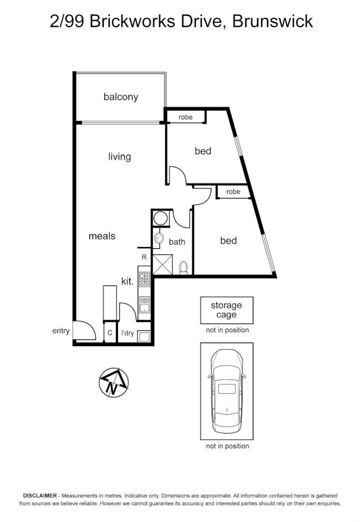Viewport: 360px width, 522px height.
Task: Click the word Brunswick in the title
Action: pos(273,21)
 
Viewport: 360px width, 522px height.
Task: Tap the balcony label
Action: pos(121,97)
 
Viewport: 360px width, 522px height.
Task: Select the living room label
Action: pos(119,157)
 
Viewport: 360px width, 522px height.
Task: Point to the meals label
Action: pos(102,236)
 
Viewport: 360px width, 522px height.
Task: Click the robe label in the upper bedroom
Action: pos(186,117)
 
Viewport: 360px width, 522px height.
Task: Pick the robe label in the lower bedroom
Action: pos(233,191)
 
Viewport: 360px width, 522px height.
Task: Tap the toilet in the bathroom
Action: pos(184,268)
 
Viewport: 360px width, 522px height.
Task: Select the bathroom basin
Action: pos(158,238)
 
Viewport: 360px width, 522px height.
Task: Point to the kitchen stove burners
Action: pos(144,278)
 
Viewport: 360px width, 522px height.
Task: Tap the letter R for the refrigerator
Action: pos(144,257)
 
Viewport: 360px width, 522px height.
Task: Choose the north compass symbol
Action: pos(114,382)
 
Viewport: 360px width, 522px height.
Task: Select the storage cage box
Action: pos(227,310)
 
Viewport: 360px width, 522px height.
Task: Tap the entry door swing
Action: pos(83,332)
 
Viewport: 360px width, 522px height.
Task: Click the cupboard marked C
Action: pos(110,333)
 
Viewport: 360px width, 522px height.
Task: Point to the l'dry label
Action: pos(128,333)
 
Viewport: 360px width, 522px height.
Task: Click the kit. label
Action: pos(127,281)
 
